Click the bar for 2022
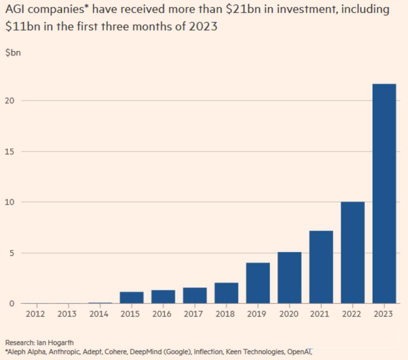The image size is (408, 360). [352, 252]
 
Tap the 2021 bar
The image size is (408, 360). [321, 267]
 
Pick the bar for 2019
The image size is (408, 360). [258, 283]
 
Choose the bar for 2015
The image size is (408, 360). [131, 297]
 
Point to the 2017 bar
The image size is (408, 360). [194, 295]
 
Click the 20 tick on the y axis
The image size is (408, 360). [10, 100]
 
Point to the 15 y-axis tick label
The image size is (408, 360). [10, 151]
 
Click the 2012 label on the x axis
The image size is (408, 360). [35, 314]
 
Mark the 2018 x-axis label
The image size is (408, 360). [226, 314]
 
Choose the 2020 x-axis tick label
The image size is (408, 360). [289, 314]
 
